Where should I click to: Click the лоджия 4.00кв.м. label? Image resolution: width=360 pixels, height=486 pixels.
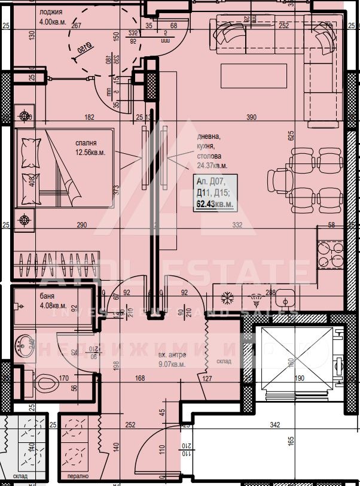point(54,16)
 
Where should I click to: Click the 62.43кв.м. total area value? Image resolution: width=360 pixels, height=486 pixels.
point(213,205)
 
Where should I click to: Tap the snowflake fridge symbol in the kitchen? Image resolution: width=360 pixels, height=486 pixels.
point(227,297)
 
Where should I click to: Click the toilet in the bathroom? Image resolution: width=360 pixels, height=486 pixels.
point(45,381)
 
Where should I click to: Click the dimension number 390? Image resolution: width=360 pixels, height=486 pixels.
point(251,117)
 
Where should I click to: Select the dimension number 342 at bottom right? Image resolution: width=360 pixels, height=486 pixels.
point(275,425)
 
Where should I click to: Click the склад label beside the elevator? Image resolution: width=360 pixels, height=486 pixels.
point(224,361)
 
